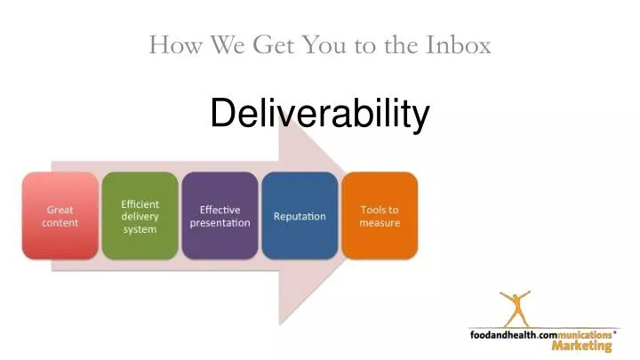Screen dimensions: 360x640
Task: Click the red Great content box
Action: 60,216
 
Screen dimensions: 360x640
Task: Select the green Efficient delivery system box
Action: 140,216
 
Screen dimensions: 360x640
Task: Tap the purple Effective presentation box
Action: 220,216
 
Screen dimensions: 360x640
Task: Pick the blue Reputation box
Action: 300,216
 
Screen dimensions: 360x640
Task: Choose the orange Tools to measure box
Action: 380,216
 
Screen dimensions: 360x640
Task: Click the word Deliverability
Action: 319,114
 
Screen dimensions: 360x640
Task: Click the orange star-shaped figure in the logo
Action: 514,308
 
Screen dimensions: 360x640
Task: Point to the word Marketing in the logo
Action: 581,347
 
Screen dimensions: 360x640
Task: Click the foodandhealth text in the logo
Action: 506,334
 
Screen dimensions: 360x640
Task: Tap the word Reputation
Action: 300,216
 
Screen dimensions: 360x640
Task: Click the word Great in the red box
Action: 60,210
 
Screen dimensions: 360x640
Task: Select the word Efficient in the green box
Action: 140,204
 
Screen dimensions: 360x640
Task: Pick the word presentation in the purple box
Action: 220,222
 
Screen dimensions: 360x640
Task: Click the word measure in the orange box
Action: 380,222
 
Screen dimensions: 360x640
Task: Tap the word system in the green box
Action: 140,229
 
